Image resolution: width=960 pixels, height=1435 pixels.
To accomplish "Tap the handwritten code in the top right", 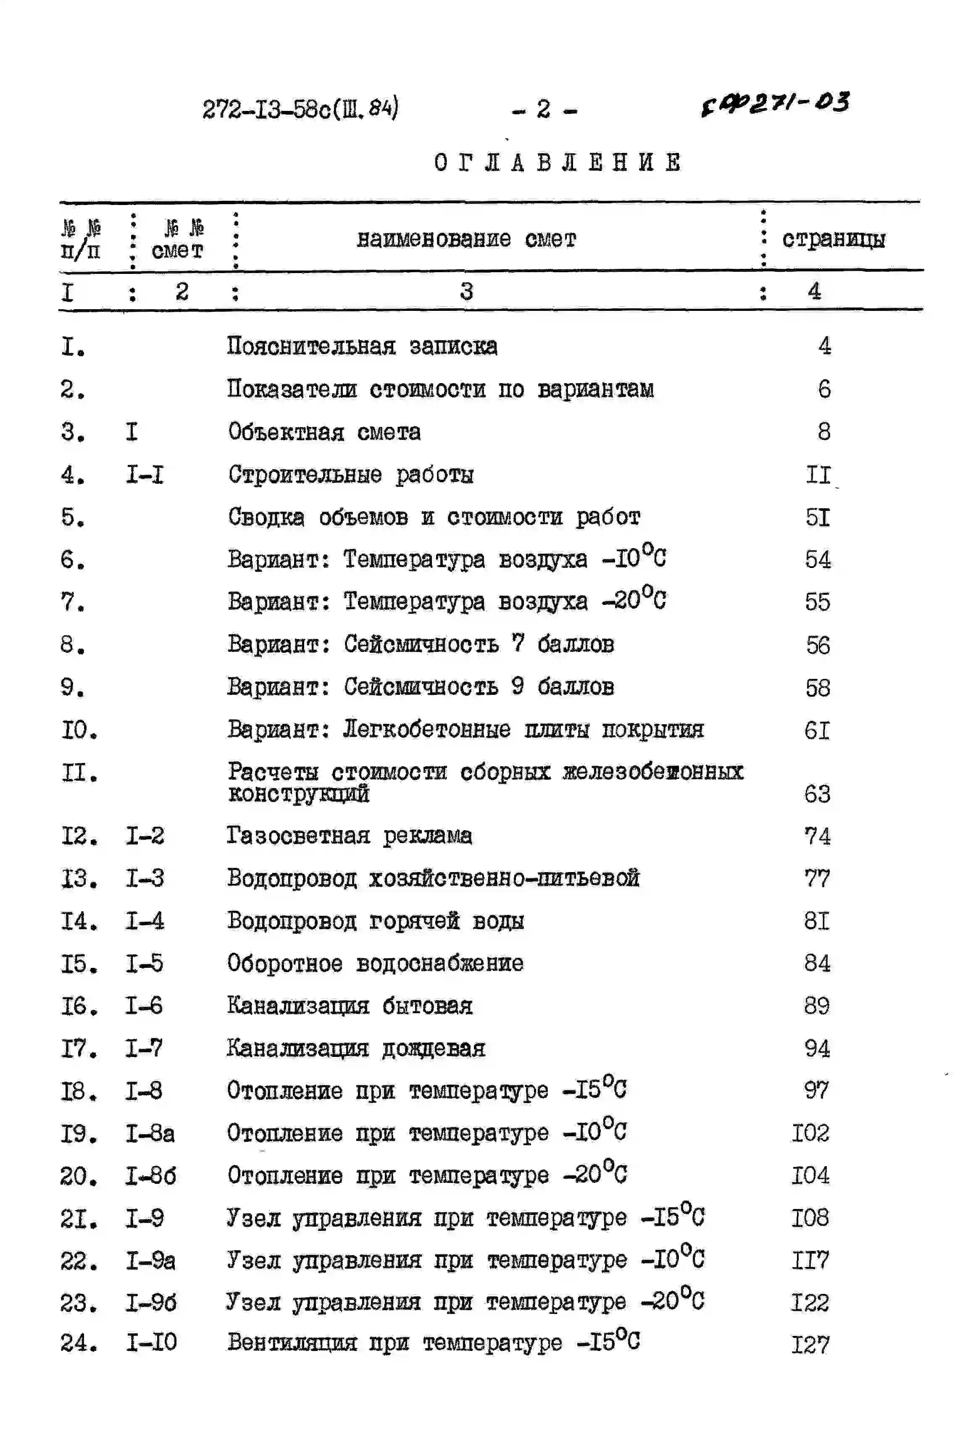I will tap(775, 103).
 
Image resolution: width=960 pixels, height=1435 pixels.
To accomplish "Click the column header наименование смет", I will tap(466, 239).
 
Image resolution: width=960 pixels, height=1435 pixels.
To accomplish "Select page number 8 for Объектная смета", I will tap(823, 432).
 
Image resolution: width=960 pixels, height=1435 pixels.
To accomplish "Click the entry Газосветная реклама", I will tap(349, 836).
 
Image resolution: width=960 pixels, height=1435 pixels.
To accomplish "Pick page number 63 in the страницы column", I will tap(817, 794).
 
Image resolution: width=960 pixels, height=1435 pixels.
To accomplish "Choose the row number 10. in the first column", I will tap(79, 730).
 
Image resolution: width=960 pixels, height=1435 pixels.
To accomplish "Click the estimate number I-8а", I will tap(150, 1134).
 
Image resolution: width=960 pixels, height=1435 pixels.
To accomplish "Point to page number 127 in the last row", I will tap(810, 1345).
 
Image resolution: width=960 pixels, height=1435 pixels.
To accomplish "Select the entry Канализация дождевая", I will tap(356, 1049).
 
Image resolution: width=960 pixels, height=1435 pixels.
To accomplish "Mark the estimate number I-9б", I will tap(150, 1303).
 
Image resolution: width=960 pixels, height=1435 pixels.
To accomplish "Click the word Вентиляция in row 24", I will tap(292, 1343).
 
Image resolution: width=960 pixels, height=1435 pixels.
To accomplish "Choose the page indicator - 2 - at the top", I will tap(544, 110).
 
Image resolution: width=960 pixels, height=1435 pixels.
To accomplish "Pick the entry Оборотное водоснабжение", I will tap(375, 964).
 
